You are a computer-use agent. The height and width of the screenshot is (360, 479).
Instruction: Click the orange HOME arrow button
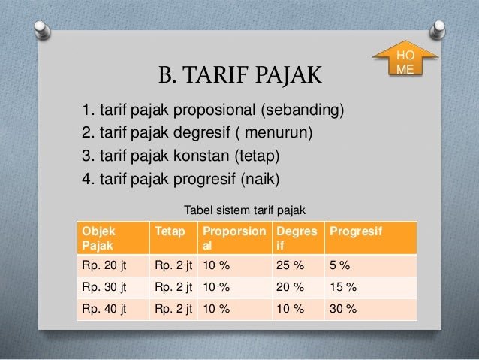[x=405, y=58]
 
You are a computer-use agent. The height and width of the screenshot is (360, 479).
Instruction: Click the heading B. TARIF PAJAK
[x=240, y=74]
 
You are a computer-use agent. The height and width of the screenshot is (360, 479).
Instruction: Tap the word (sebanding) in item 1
[x=303, y=110]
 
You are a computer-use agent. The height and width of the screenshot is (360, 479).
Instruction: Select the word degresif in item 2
[x=202, y=132]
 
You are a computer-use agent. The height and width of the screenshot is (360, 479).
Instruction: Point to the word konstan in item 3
[x=201, y=156]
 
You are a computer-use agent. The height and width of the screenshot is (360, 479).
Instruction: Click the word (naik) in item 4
[x=260, y=179]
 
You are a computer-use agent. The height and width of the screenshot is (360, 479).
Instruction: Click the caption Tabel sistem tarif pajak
[x=245, y=210]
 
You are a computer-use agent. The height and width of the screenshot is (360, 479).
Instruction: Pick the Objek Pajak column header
[x=113, y=238]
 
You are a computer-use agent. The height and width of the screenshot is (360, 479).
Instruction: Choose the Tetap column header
[x=174, y=238]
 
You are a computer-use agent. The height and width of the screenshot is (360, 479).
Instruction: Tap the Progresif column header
[x=371, y=238]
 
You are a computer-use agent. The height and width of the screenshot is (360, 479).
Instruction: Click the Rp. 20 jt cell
[x=113, y=265]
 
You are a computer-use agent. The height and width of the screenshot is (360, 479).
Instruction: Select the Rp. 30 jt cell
[x=113, y=288]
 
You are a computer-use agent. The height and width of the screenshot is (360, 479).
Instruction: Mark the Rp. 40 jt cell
[x=113, y=309]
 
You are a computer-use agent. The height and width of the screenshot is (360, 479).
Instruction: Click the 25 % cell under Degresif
[x=298, y=265]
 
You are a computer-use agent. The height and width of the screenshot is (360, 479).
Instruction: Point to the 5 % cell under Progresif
[x=371, y=265]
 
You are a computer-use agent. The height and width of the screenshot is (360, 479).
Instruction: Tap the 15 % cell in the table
[x=371, y=288]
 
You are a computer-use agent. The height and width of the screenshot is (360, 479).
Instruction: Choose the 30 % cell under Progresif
[x=371, y=309]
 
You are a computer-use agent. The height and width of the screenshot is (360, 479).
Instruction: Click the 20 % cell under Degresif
[x=298, y=288]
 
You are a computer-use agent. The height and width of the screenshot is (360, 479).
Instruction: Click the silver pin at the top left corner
[x=42, y=30]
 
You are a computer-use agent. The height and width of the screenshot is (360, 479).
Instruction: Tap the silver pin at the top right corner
[x=438, y=29]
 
